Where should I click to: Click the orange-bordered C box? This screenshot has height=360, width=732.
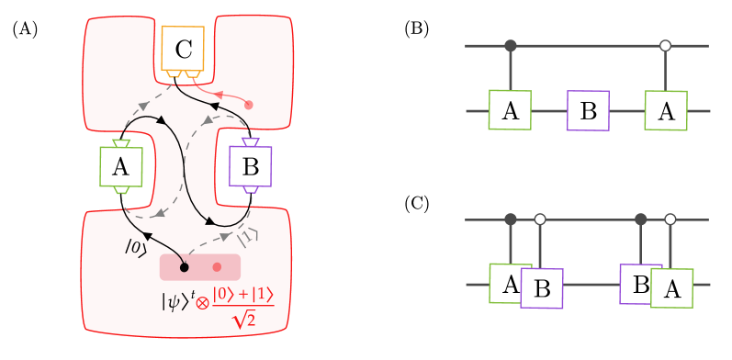click(183, 49)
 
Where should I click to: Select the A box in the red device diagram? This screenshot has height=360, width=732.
click(120, 166)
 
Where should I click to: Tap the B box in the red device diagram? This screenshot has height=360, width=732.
click(250, 166)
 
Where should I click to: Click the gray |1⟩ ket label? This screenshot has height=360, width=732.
click(248, 238)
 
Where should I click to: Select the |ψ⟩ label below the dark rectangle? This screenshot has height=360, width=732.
click(179, 299)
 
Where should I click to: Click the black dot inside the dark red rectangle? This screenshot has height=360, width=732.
click(184, 267)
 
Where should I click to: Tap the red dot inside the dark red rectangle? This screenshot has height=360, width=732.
click(217, 267)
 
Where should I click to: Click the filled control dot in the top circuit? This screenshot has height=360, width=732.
click(511, 45)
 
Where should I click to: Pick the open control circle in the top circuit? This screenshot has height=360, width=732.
click(665, 45)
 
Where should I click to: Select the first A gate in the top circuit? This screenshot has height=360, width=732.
click(510, 110)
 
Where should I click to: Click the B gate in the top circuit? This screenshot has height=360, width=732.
click(588, 110)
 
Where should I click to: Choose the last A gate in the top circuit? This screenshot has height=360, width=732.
click(666, 110)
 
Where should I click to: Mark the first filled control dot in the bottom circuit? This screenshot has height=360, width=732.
click(511, 219)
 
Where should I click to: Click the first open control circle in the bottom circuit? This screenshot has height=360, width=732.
click(540, 219)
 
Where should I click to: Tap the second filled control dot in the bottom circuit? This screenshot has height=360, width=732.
click(641, 219)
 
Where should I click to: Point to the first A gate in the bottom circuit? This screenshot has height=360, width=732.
click(507, 283)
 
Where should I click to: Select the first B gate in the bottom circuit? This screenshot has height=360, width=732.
click(542, 288)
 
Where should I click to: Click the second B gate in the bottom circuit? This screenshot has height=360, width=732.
click(638, 283)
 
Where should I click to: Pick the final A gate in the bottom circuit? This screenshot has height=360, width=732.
click(671, 288)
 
